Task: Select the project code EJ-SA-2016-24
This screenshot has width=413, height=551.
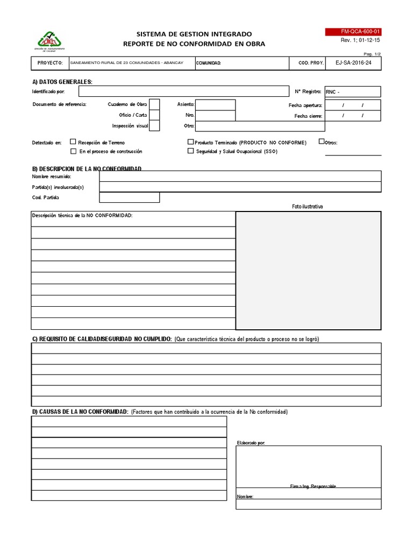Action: pos(353,63)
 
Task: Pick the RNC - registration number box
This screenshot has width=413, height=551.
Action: pos(353,92)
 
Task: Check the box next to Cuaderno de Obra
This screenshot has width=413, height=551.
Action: pos(154,104)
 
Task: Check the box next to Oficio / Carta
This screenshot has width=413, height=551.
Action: pos(154,115)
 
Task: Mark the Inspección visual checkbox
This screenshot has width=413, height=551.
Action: pos(154,126)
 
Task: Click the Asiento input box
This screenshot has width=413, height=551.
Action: pos(215,104)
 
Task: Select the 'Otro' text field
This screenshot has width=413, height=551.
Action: pos(260,126)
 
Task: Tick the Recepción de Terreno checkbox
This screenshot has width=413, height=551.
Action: pos(73,143)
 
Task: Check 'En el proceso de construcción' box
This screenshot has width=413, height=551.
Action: pos(73,151)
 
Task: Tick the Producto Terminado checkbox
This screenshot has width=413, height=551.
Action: pos(190,143)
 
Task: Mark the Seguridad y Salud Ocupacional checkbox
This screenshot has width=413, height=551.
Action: pos(190,151)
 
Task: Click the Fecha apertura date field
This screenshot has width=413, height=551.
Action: pos(353,105)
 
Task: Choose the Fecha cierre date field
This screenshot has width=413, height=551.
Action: pos(353,116)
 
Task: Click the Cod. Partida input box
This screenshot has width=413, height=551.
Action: pos(129,197)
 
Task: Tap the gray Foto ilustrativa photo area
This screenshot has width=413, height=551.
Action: pos(309,270)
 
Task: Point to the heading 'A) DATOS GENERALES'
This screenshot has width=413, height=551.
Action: pos(62,82)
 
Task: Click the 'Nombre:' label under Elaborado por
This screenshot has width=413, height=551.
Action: pos(245,497)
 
